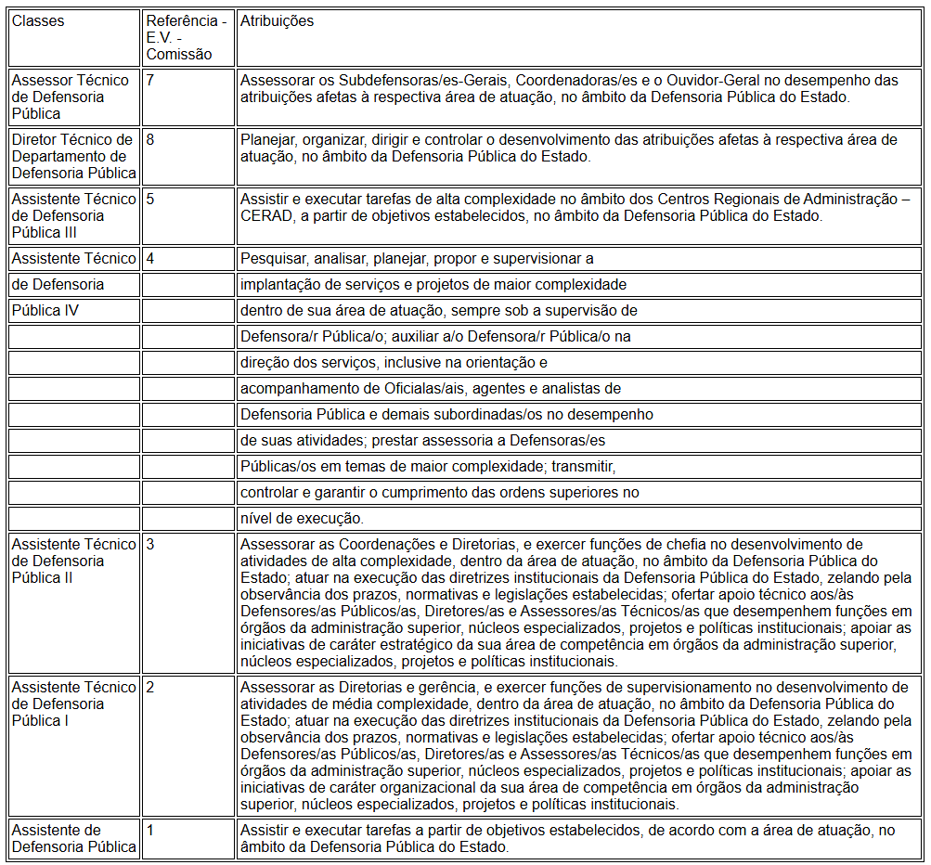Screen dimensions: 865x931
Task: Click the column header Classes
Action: click(38, 21)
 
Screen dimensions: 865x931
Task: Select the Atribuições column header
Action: click(277, 21)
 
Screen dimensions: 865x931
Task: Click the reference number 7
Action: click(150, 80)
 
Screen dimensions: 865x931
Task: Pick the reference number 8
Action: click(150, 139)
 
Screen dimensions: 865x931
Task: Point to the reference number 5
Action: click(150, 199)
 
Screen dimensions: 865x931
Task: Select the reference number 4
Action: click(150, 258)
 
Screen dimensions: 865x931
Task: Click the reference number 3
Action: click(150, 544)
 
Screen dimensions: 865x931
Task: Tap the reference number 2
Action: click(150, 687)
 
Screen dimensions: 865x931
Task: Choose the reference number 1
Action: click(150, 830)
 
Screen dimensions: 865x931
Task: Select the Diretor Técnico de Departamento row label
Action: click(73, 156)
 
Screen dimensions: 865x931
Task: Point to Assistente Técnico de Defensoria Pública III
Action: click(73, 215)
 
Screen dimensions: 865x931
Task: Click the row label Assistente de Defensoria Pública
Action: click(73, 838)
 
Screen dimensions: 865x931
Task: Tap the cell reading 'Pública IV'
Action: click(45, 310)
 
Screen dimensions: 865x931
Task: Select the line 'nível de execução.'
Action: click(302, 518)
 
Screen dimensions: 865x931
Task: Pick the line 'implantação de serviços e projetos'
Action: click(433, 284)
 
